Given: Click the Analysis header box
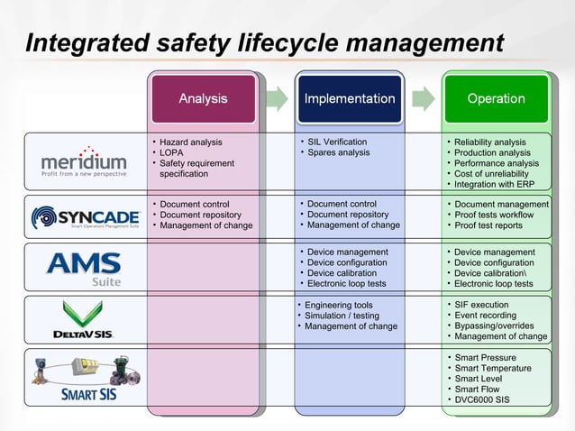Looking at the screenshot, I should click(x=203, y=98).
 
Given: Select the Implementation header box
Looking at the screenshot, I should click(x=350, y=98).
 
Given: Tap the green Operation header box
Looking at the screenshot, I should click(x=496, y=98).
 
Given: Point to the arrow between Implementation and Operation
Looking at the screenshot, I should click(x=423, y=97).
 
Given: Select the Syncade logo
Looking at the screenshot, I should click(x=86, y=217).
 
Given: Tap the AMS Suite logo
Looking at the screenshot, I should click(x=84, y=268).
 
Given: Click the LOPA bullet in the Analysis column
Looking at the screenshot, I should click(x=171, y=152).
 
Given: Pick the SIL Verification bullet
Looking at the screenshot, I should click(x=337, y=142).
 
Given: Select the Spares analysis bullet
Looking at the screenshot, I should click(x=338, y=152).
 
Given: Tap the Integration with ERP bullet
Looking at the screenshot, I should click(x=496, y=184).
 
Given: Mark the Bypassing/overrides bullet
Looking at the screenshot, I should click(x=494, y=326).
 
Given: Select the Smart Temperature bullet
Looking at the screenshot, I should click(x=492, y=368).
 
